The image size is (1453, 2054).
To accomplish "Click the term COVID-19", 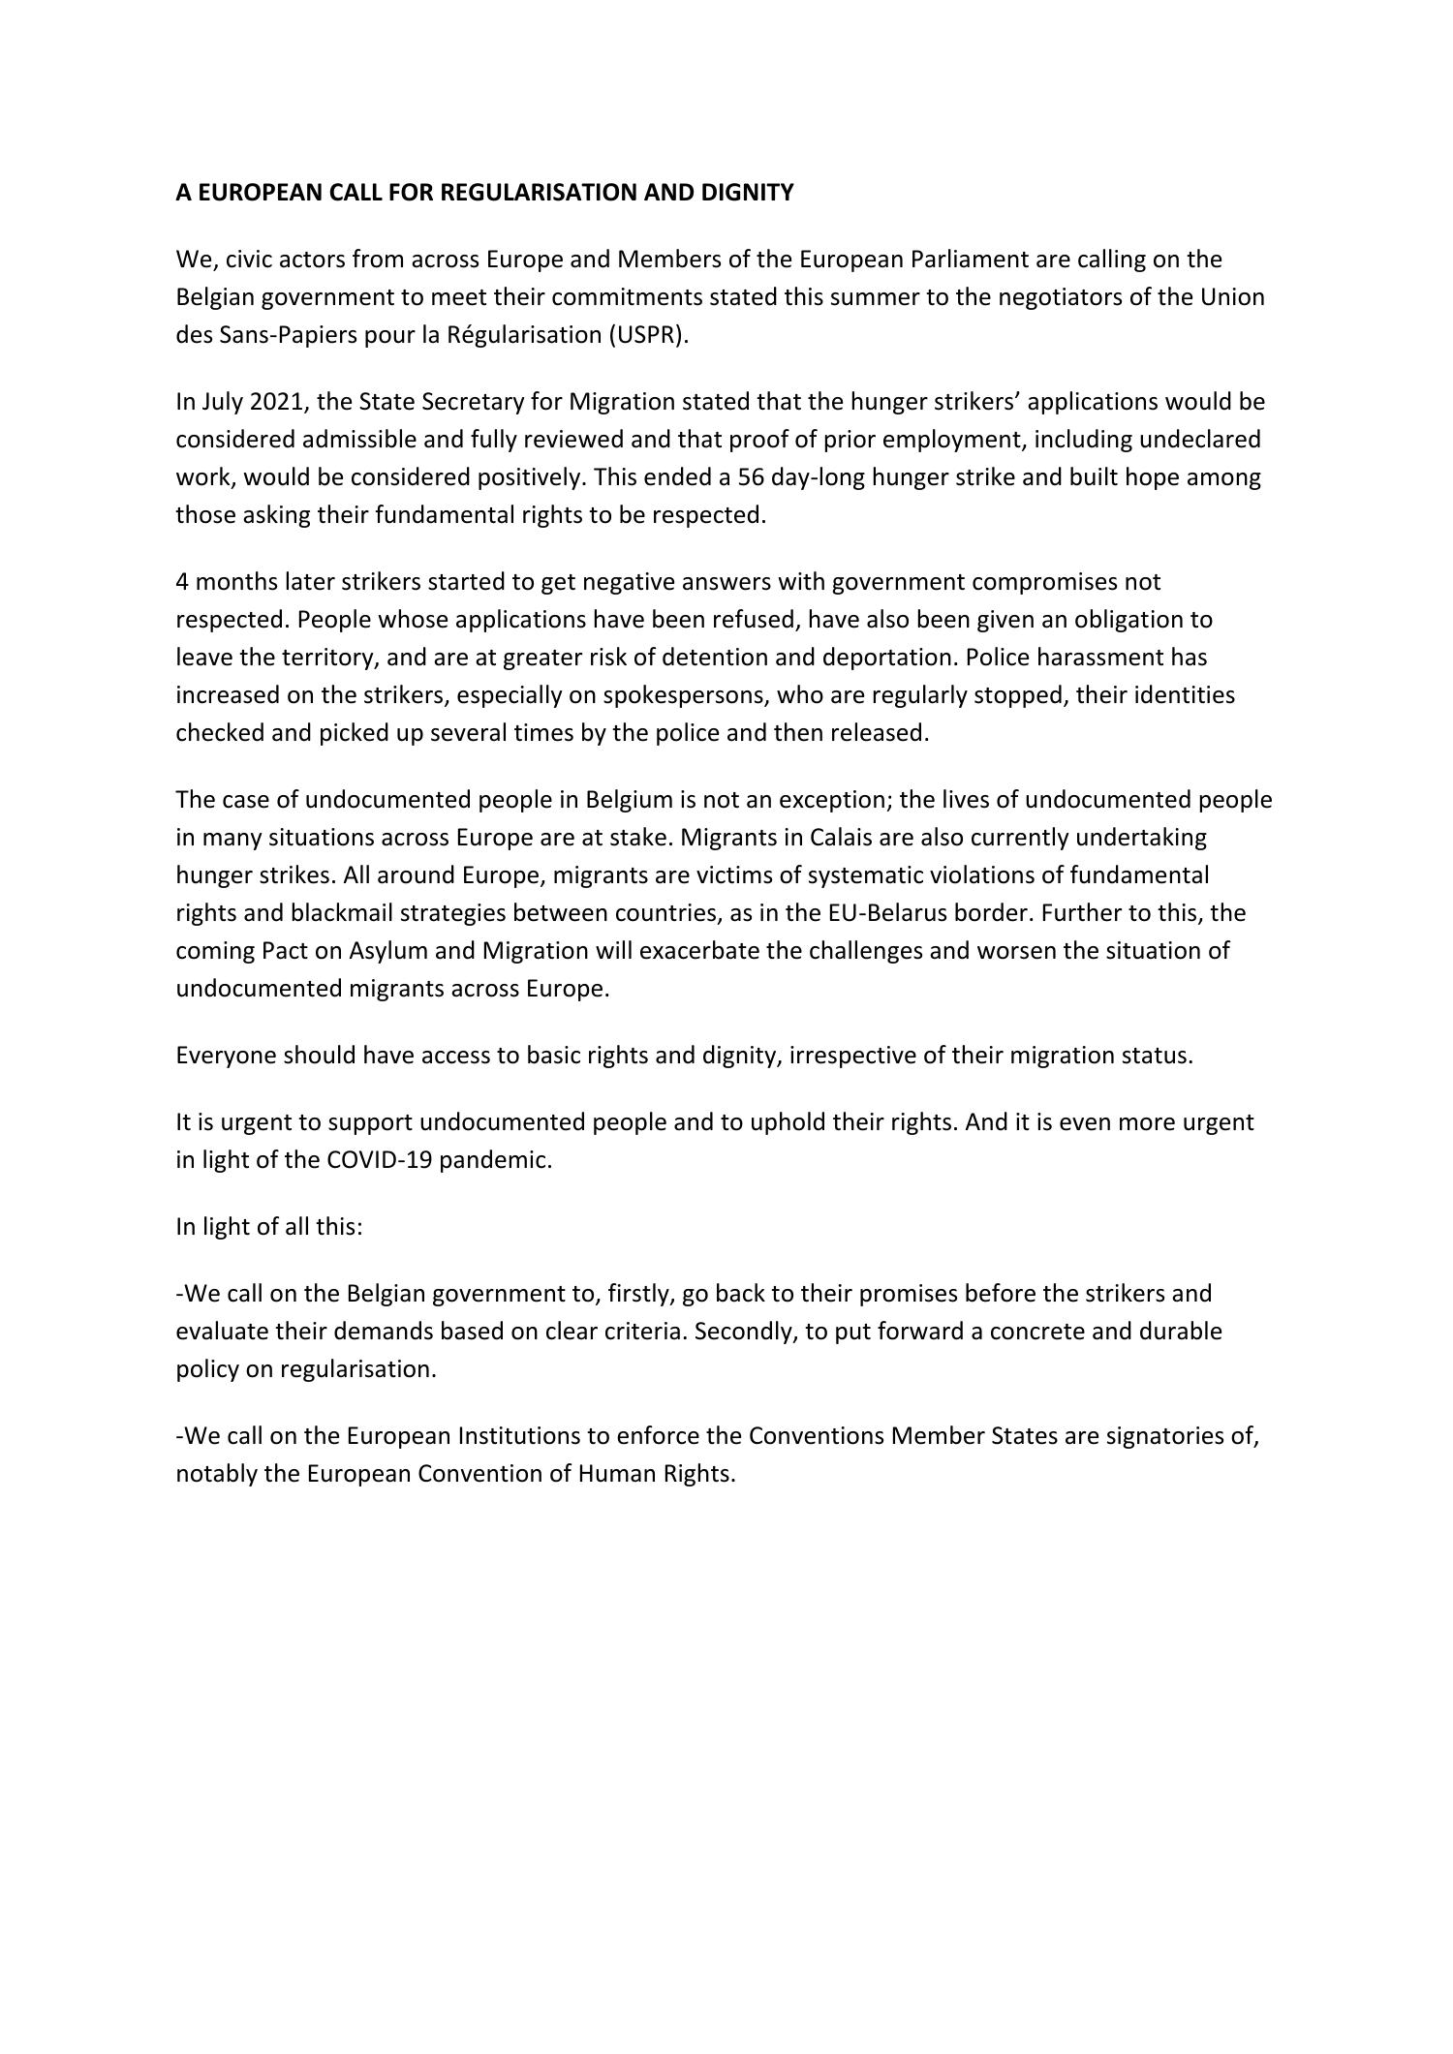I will point(379,1160).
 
